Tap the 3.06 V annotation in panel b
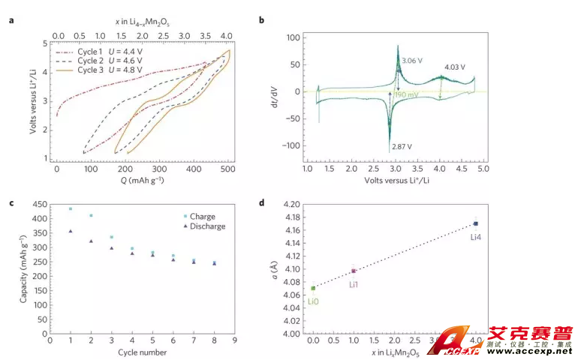[x=413, y=60]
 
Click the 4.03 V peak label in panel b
[x=455, y=67]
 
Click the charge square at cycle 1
[x=71, y=209]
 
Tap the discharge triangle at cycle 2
[x=91, y=241]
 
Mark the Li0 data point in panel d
[x=313, y=288]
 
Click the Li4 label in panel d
[x=477, y=237]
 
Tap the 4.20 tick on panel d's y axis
[x=291, y=204]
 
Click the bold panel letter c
[x=11, y=202]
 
